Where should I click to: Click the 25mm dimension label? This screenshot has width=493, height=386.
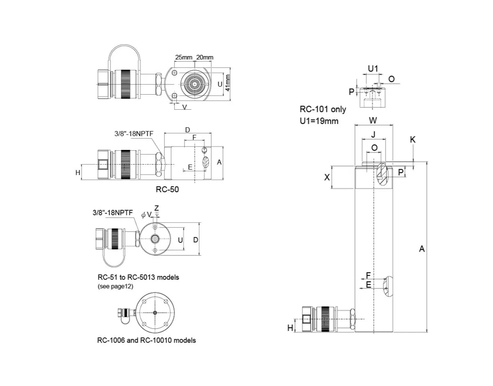183,57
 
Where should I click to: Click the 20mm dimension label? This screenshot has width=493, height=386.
204,57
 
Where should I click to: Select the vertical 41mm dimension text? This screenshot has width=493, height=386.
227,84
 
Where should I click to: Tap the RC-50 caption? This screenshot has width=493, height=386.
167,189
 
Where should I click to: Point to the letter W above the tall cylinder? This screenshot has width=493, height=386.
373,121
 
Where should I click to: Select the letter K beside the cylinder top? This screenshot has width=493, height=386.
413,140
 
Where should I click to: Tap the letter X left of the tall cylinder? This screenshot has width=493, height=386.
327,177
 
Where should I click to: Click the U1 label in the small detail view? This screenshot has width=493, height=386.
373,68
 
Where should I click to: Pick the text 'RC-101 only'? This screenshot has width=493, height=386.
323,109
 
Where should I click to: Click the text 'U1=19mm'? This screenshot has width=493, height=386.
319,121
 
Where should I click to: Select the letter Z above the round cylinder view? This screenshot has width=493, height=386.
156,208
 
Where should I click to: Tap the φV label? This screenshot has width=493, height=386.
146,214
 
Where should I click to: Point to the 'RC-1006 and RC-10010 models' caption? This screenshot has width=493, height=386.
146,340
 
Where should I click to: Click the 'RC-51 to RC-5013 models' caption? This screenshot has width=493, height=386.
138,278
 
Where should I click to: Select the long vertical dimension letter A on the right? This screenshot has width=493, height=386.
422,249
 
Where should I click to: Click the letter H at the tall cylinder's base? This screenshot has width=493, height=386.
290,328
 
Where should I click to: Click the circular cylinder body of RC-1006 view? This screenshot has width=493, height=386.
155,313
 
